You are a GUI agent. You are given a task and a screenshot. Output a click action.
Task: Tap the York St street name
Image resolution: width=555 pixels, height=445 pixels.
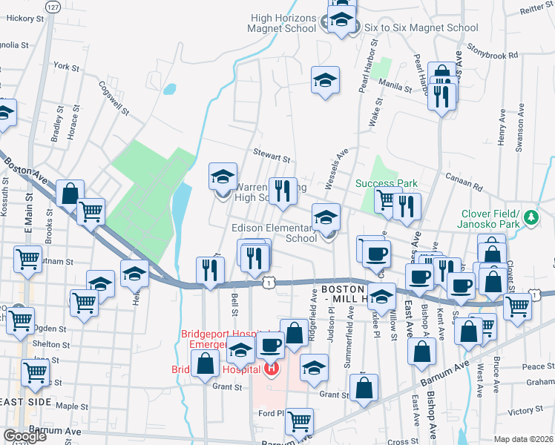click(x=66, y=67)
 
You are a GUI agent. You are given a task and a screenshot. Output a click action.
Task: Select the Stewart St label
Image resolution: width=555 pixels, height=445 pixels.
click(x=272, y=156)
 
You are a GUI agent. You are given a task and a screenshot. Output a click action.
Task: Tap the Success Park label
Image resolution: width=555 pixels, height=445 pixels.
click(x=386, y=183)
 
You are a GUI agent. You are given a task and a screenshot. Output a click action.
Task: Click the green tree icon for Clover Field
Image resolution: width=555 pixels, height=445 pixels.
click(x=531, y=218)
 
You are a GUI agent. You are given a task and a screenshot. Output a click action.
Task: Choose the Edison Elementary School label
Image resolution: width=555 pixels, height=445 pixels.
click(x=278, y=233)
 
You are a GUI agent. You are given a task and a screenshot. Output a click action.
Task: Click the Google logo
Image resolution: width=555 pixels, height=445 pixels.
click(x=24, y=435)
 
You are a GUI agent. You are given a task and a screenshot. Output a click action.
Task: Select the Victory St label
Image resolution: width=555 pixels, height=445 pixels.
click(x=525, y=410)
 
